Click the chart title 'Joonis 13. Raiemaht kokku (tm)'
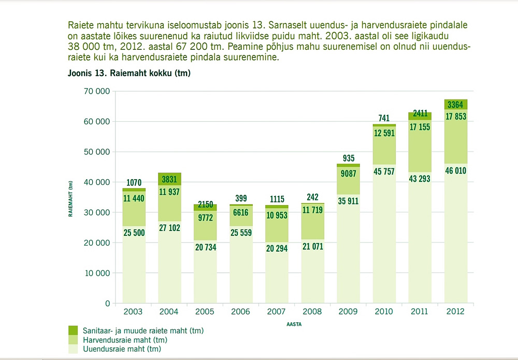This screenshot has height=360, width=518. point(129,74)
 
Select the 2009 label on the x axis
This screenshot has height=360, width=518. point(349,312)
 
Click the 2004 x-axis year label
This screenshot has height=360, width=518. point(169,312)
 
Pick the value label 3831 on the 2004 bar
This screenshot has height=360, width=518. point(169,179)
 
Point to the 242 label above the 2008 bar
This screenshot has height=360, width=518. point(313,197)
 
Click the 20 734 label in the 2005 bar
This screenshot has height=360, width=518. point(205,248)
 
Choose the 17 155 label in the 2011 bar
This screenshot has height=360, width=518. point(420,127)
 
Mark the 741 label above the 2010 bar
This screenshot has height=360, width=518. point(384,118)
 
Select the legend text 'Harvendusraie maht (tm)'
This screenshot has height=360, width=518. point(124,340)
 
